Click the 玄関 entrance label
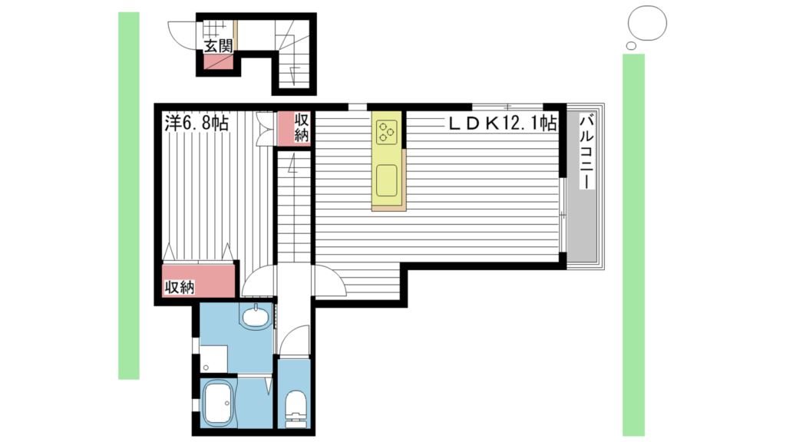[218, 46]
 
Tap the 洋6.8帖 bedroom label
[196, 123]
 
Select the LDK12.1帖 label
[502, 123]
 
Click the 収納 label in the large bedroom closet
[179, 287]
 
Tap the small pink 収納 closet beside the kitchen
[294, 127]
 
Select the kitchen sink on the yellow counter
[387, 181]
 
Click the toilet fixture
[293, 407]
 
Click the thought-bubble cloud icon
[645, 25]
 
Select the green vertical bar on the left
[129, 196]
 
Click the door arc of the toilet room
[294, 339]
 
